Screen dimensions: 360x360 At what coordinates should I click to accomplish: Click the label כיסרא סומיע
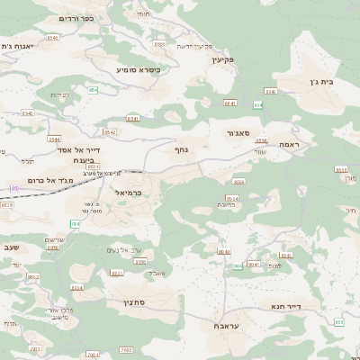tap(138, 68)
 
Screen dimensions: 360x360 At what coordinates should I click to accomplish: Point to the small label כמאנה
tap(229, 205)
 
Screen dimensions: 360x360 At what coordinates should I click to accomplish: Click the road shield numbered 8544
tap(53, 139)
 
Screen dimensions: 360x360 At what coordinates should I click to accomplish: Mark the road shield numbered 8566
tap(239, 182)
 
